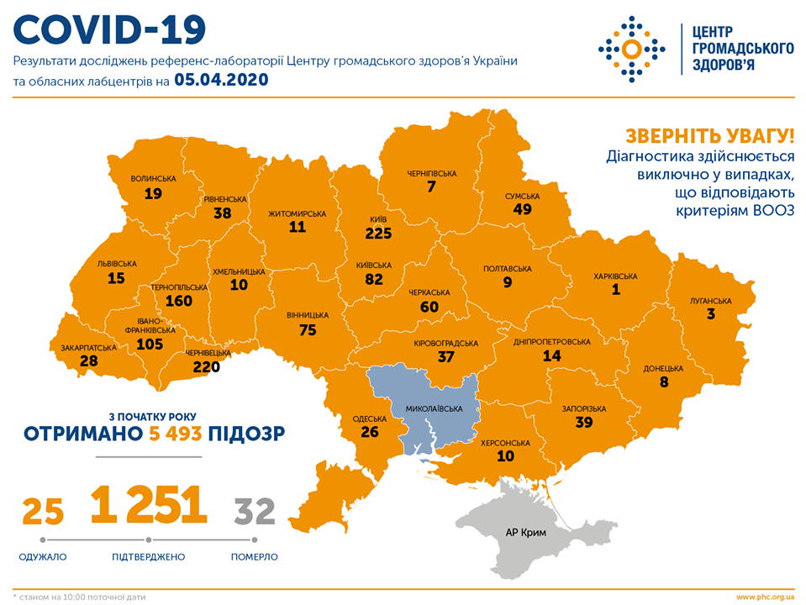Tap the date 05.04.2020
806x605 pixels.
tap(221, 81)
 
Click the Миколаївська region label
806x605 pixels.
tap(436, 409)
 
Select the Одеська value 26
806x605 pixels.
tap(369, 433)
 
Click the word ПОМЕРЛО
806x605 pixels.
tap(254, 556)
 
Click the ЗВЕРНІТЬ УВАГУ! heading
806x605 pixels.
tap(709, 136)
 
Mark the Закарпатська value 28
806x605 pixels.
tap(88, 361)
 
